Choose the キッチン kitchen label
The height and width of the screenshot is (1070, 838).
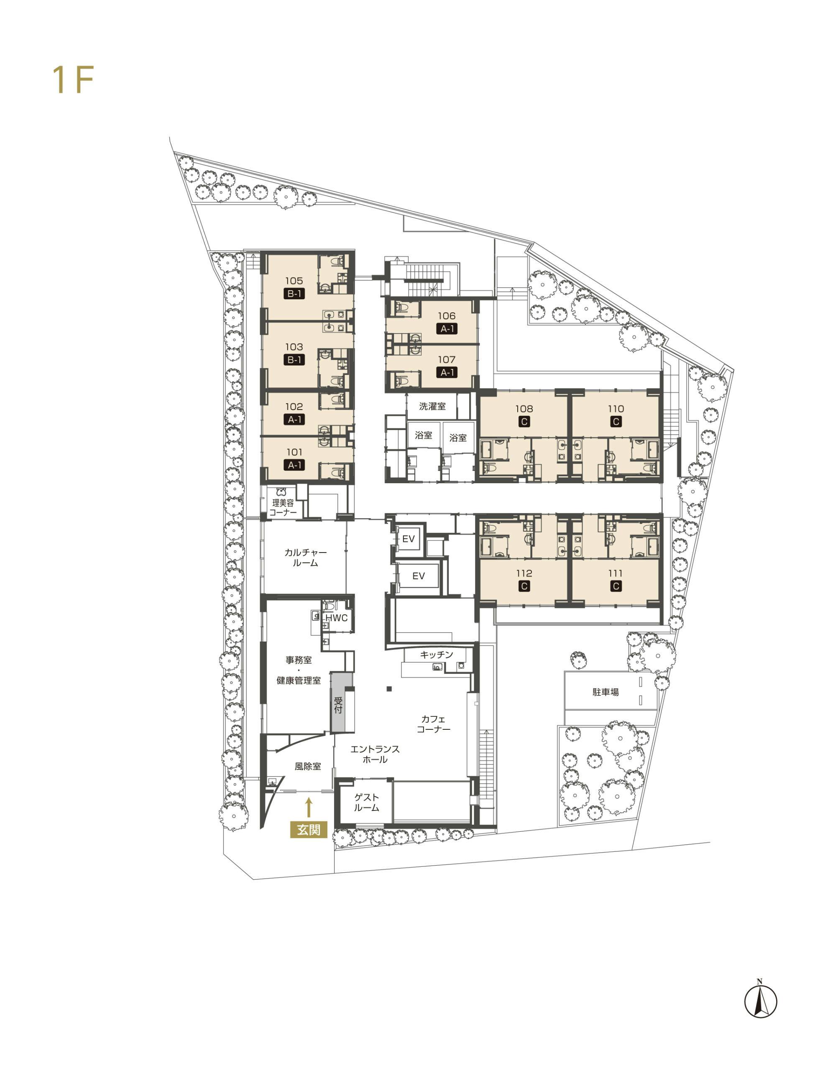pyautogui.click(x=436, y=655)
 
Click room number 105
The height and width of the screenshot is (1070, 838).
pyautogui.click(x=294, y=281)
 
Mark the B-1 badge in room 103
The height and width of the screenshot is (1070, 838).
pyautogui.click(x=294, y=360)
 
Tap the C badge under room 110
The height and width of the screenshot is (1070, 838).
pyautogui.click(x=616, y=421)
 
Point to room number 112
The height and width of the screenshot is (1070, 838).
pyautogui.click(x=524, y=573)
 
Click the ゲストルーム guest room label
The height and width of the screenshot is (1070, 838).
pyautogui.click(x=366, y=802)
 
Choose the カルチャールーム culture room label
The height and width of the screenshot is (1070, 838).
pyautogui.click(x=305, y=557)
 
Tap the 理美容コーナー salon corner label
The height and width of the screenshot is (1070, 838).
pyautogui.click(x=283, y=507)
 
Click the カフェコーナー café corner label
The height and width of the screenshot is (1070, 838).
pyautogui.click(x=433, y=724)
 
